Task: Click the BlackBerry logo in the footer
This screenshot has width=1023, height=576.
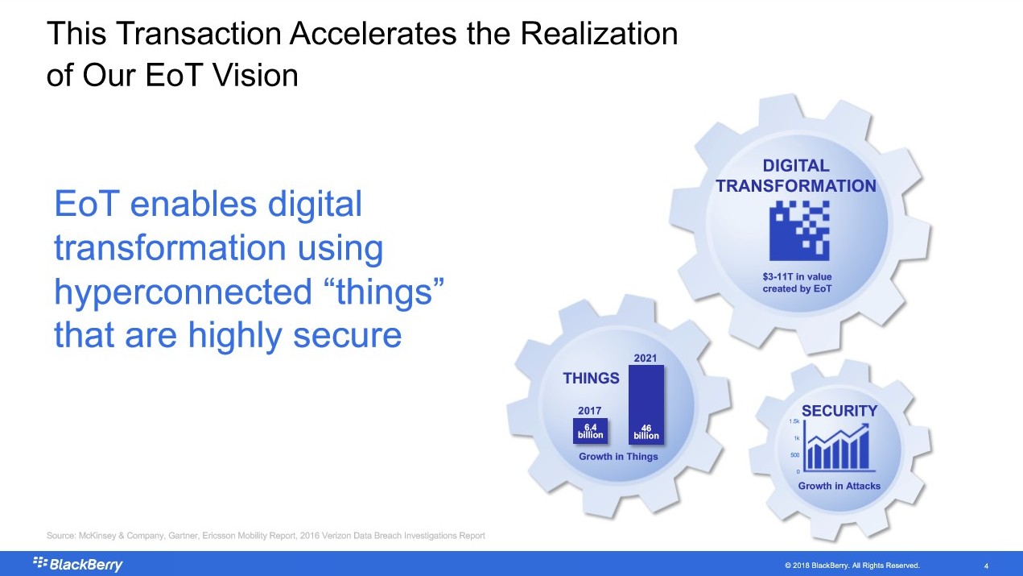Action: (77, 564)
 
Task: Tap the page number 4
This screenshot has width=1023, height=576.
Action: (986, 566)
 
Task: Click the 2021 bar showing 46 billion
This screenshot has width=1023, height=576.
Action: (646, 404)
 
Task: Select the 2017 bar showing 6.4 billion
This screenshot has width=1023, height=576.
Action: (590, 431)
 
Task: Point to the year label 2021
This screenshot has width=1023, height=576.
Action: (645, 358)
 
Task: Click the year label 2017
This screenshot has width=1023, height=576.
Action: (590, 411)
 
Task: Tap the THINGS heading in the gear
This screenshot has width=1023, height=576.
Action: (591, 378)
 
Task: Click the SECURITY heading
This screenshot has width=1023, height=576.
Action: (839, 411)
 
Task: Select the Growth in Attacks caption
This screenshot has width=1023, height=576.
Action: (839, 486)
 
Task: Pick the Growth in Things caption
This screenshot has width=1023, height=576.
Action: (618, 456)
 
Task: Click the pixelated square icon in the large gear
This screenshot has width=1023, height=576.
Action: (799, 231)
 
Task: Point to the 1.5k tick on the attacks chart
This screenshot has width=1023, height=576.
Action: (794, 421)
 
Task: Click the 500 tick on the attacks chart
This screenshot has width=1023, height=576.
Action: (794, 455)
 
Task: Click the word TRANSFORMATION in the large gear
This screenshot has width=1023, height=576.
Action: (795, 186)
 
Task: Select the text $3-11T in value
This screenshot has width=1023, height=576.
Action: (797, 276)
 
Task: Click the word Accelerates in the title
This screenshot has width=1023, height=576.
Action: (373, 33)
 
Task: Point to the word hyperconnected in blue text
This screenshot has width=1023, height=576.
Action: (184, 292)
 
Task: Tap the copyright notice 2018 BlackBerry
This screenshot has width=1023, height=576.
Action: (852, 566)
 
